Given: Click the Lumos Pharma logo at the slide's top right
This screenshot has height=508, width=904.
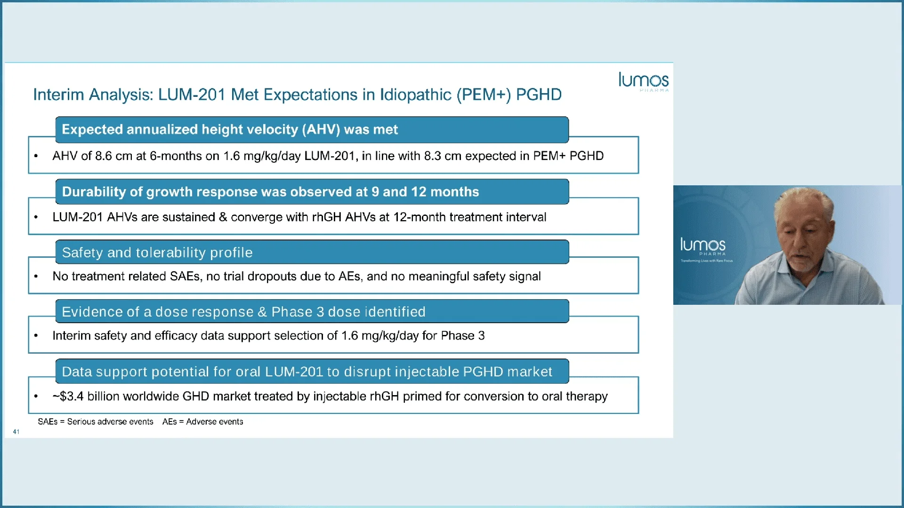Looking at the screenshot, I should [x=643, y=81].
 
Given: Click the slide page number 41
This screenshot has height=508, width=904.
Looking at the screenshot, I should [x=16, y=432].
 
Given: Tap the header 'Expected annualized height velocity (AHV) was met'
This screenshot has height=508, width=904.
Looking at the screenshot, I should [x=230, y=130].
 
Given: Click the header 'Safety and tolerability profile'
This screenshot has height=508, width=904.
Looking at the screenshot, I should [x=157, y=253].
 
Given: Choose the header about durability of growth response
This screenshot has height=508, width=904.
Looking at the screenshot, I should [x=270, y=192].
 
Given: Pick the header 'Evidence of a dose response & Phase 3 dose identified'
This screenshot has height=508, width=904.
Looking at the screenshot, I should [x=243, y=312].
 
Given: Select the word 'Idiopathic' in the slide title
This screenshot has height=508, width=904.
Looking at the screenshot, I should [x=415, y=95].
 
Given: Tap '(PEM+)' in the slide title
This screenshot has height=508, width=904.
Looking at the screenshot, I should [x=484, y=95].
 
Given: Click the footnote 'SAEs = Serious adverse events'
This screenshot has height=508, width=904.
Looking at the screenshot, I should [x=96, y=422].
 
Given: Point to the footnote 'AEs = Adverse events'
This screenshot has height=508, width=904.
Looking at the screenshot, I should [x=203, y=422].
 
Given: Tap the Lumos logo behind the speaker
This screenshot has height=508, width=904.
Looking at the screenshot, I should [x=703, y=246].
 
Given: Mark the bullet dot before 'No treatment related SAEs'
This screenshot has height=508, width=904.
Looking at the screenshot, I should [x=36, y=277].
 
